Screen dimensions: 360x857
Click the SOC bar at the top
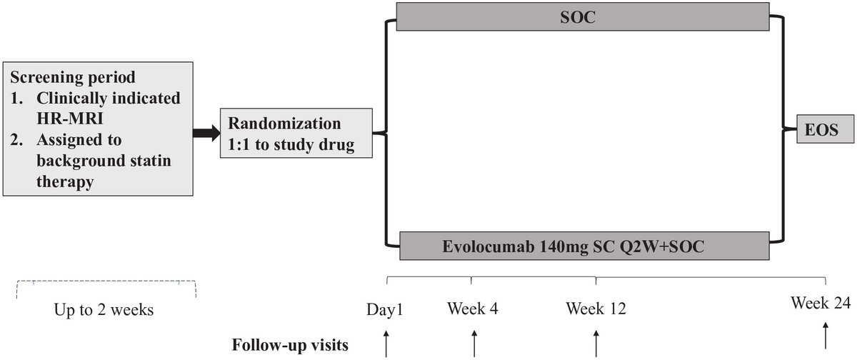[585, 17]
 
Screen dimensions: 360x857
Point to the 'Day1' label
[385, 309]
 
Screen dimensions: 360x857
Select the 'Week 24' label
[821, 302]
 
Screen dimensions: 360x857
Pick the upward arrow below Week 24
[826, 336]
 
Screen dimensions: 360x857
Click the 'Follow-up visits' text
[290, 345]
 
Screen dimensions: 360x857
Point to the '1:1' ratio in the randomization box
[241, 146]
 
